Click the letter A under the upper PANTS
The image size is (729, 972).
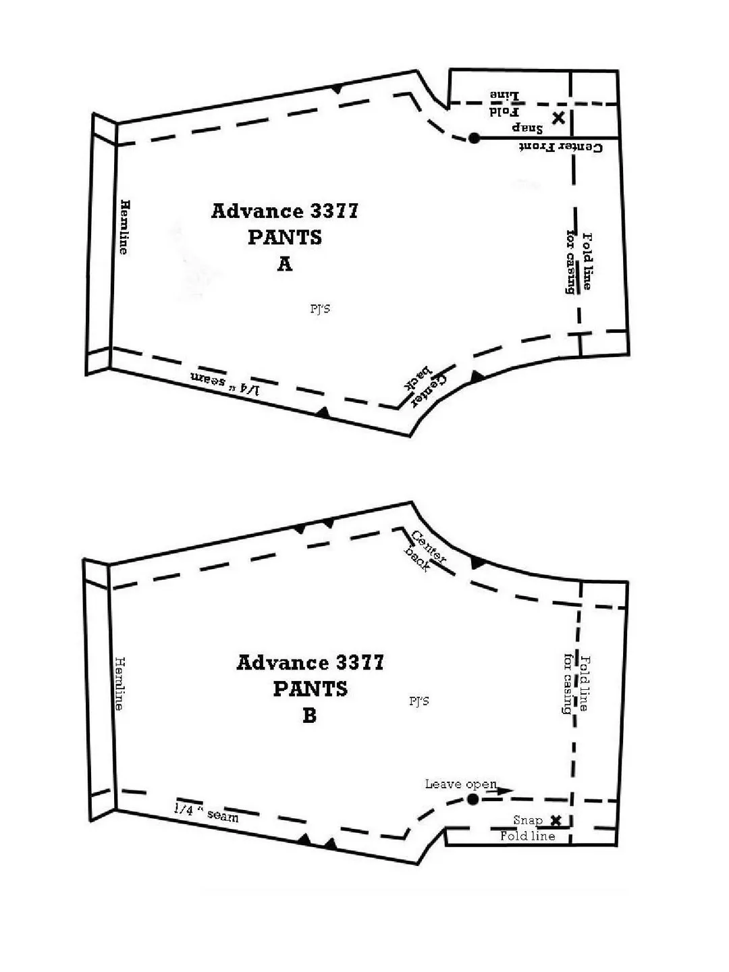point(285,264)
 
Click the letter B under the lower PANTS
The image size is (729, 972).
point(310,715)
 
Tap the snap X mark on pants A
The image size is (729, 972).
point(559,118)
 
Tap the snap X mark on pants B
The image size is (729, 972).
point(556,821)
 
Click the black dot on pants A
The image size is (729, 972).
point(474,138)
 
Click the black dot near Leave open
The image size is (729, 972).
point(473,799)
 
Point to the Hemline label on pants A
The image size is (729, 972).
point(125,227)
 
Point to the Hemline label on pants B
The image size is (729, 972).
point(119,683)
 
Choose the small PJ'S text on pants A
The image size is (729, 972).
point(320,308)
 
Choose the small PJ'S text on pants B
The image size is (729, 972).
point(419,701)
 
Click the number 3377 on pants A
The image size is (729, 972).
point(334,211)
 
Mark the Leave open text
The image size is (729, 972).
point(461,784)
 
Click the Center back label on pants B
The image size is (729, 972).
point(424,551)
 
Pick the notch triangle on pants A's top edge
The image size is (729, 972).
point(337,89)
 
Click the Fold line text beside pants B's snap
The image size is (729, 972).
point(528,836)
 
